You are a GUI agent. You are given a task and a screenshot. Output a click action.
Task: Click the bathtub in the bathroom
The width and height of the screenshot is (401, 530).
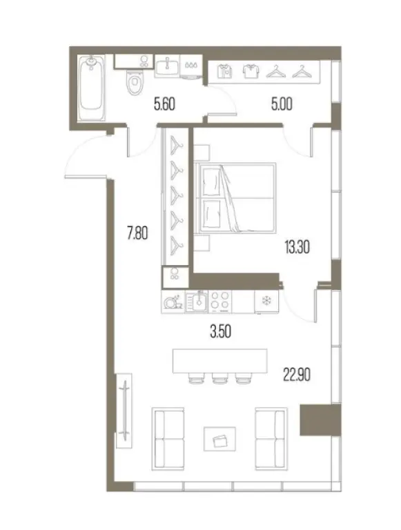coord(91,88)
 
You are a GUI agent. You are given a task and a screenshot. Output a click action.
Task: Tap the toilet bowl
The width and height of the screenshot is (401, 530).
coord(135,82)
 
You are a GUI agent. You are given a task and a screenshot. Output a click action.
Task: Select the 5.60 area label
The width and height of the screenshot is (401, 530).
coord(164,104)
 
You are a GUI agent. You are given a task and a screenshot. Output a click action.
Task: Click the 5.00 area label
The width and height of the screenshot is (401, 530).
coord(282,104)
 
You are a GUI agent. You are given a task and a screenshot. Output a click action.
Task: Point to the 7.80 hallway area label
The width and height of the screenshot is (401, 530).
coord(137,233)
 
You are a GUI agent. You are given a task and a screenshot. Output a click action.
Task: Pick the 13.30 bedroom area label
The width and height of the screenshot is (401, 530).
coord(297,248)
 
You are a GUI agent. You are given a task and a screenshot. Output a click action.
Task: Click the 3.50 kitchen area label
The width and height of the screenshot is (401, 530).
coord(220,331)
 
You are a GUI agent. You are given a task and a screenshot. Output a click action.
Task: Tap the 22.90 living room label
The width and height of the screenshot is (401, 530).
coord(297,375)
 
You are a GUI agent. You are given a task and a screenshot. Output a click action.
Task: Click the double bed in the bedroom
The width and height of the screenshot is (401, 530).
coord(235,198)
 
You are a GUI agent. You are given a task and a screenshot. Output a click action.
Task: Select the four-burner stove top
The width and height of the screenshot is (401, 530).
coord(219,301)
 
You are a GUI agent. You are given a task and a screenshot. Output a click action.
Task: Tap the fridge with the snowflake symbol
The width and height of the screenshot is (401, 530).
coord(267,301)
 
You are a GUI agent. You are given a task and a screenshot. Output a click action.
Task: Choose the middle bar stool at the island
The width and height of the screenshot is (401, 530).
coord(219,379)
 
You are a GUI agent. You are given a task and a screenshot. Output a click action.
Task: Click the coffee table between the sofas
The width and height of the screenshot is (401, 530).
coord(219,439)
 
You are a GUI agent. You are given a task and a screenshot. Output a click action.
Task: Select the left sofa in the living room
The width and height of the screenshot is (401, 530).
coord(168,439)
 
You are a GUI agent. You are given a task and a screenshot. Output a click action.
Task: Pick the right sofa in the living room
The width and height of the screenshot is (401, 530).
coord(271,439)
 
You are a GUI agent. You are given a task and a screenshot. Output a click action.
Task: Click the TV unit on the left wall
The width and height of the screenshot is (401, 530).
coord(124,411)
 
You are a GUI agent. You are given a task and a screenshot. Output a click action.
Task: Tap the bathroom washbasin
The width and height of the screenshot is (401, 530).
coord(167,66)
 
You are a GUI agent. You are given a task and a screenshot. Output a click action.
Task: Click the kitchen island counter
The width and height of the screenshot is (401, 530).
coord(219,361)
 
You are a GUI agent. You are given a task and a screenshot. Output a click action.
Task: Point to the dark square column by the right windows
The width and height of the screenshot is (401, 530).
coord(320,420)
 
